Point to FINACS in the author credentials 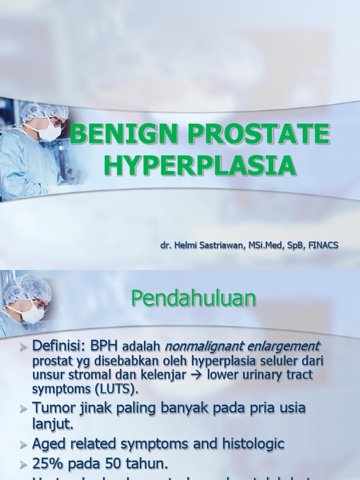click(322, 245)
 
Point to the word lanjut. click(52, 424)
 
